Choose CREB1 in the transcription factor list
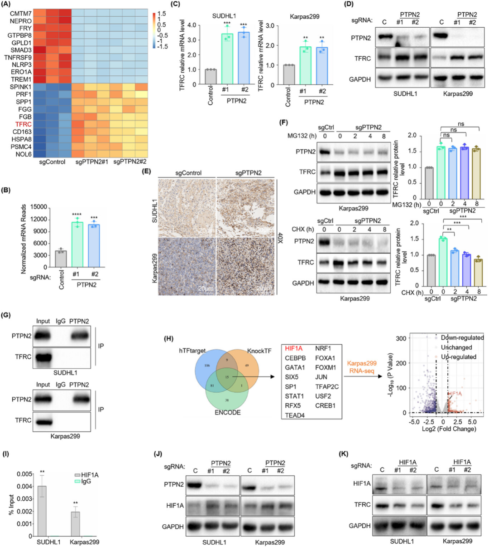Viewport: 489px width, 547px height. coord(326,405)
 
